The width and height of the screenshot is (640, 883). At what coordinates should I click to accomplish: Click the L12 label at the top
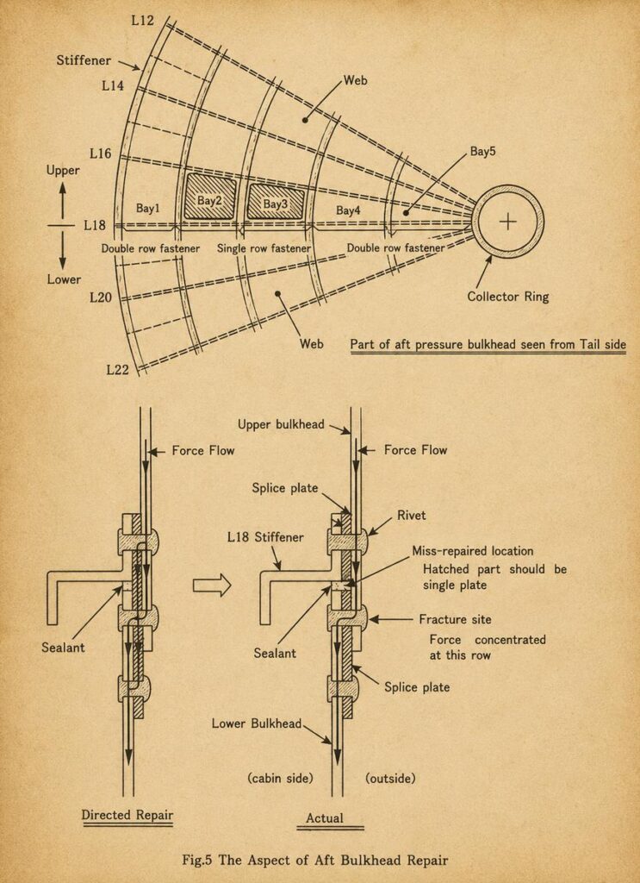(x=142, y=22)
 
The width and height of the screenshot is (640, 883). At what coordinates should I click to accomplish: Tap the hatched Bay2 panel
(x=211, y=196)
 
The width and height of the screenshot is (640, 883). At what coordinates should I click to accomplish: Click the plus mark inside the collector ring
(x=507, y=222)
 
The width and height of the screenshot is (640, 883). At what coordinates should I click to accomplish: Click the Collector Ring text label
(x=508, y=297)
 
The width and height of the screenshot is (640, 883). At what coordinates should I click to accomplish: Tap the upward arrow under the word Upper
(x=62, y=201)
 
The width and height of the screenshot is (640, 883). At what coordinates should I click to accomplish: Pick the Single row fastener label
(x=264, y=248)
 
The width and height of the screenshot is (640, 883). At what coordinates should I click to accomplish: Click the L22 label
(x=117, y=370)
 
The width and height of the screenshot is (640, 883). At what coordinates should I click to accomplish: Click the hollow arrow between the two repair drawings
(x=212, y=586)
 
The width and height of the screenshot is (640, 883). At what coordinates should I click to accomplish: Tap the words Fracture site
(x=455, y=619)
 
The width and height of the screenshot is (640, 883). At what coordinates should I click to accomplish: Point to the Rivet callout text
(x=412, y=515)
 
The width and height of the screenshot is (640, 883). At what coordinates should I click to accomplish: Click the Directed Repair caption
(x=127, y=815)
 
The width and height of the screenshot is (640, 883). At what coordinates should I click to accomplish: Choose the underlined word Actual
(x=325, y=817)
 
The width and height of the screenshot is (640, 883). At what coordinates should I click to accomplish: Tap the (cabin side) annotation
(x=280, y=779)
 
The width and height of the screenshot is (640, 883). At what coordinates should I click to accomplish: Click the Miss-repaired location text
(x=472, y=550)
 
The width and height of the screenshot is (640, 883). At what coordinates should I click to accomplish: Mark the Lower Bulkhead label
(x=257, y=723)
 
